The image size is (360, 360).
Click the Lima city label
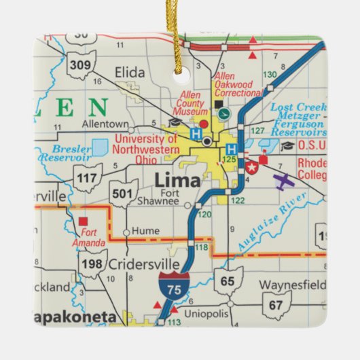click(x=177, y=181)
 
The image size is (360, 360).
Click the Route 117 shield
click(x=88, y=179)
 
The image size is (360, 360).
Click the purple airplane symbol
click(x=284, y=181)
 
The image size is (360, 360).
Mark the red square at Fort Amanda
click(x=84, y=221)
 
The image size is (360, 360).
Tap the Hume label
click(x=145, y=231)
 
